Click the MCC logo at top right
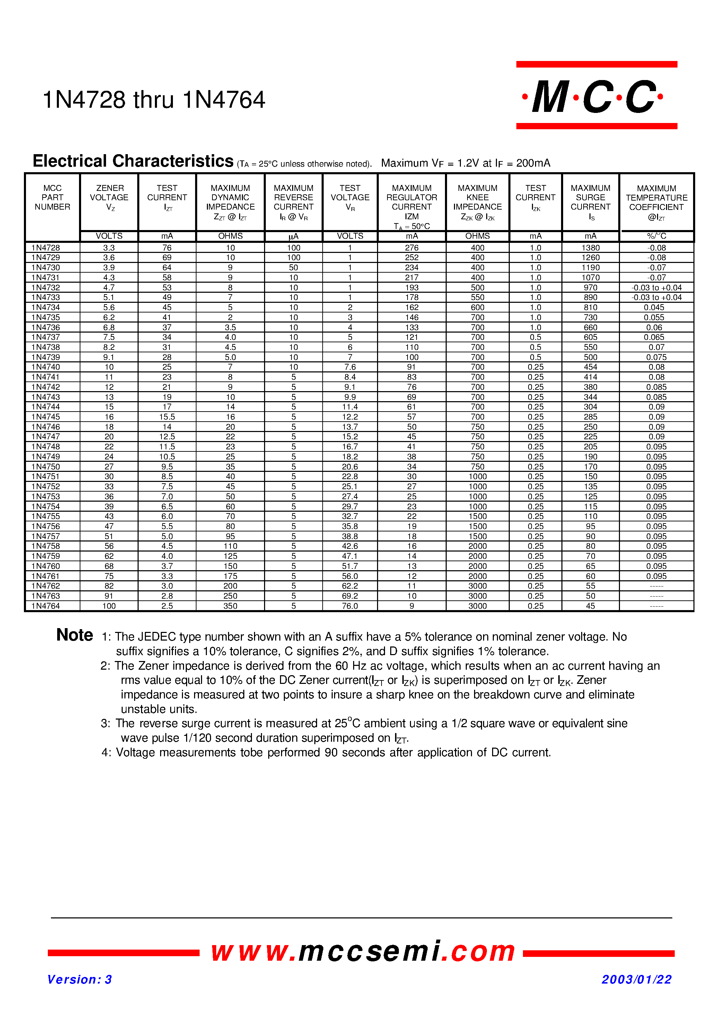point(596,96)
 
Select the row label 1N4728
point(45,248)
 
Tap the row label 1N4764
point(45,606)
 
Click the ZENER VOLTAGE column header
point(109,197)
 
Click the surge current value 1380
point(590,248)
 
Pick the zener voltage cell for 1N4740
point(109,367)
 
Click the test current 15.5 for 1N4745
point(167,417)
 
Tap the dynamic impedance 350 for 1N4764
point(230,606)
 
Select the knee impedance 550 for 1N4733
point(477,298)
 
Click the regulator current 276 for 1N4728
point(411,248)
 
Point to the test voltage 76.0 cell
point(350,606)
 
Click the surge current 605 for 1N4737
point(590,337)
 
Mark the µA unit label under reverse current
point(293,237)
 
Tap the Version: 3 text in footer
point(79,979)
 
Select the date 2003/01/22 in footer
point(636,979)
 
